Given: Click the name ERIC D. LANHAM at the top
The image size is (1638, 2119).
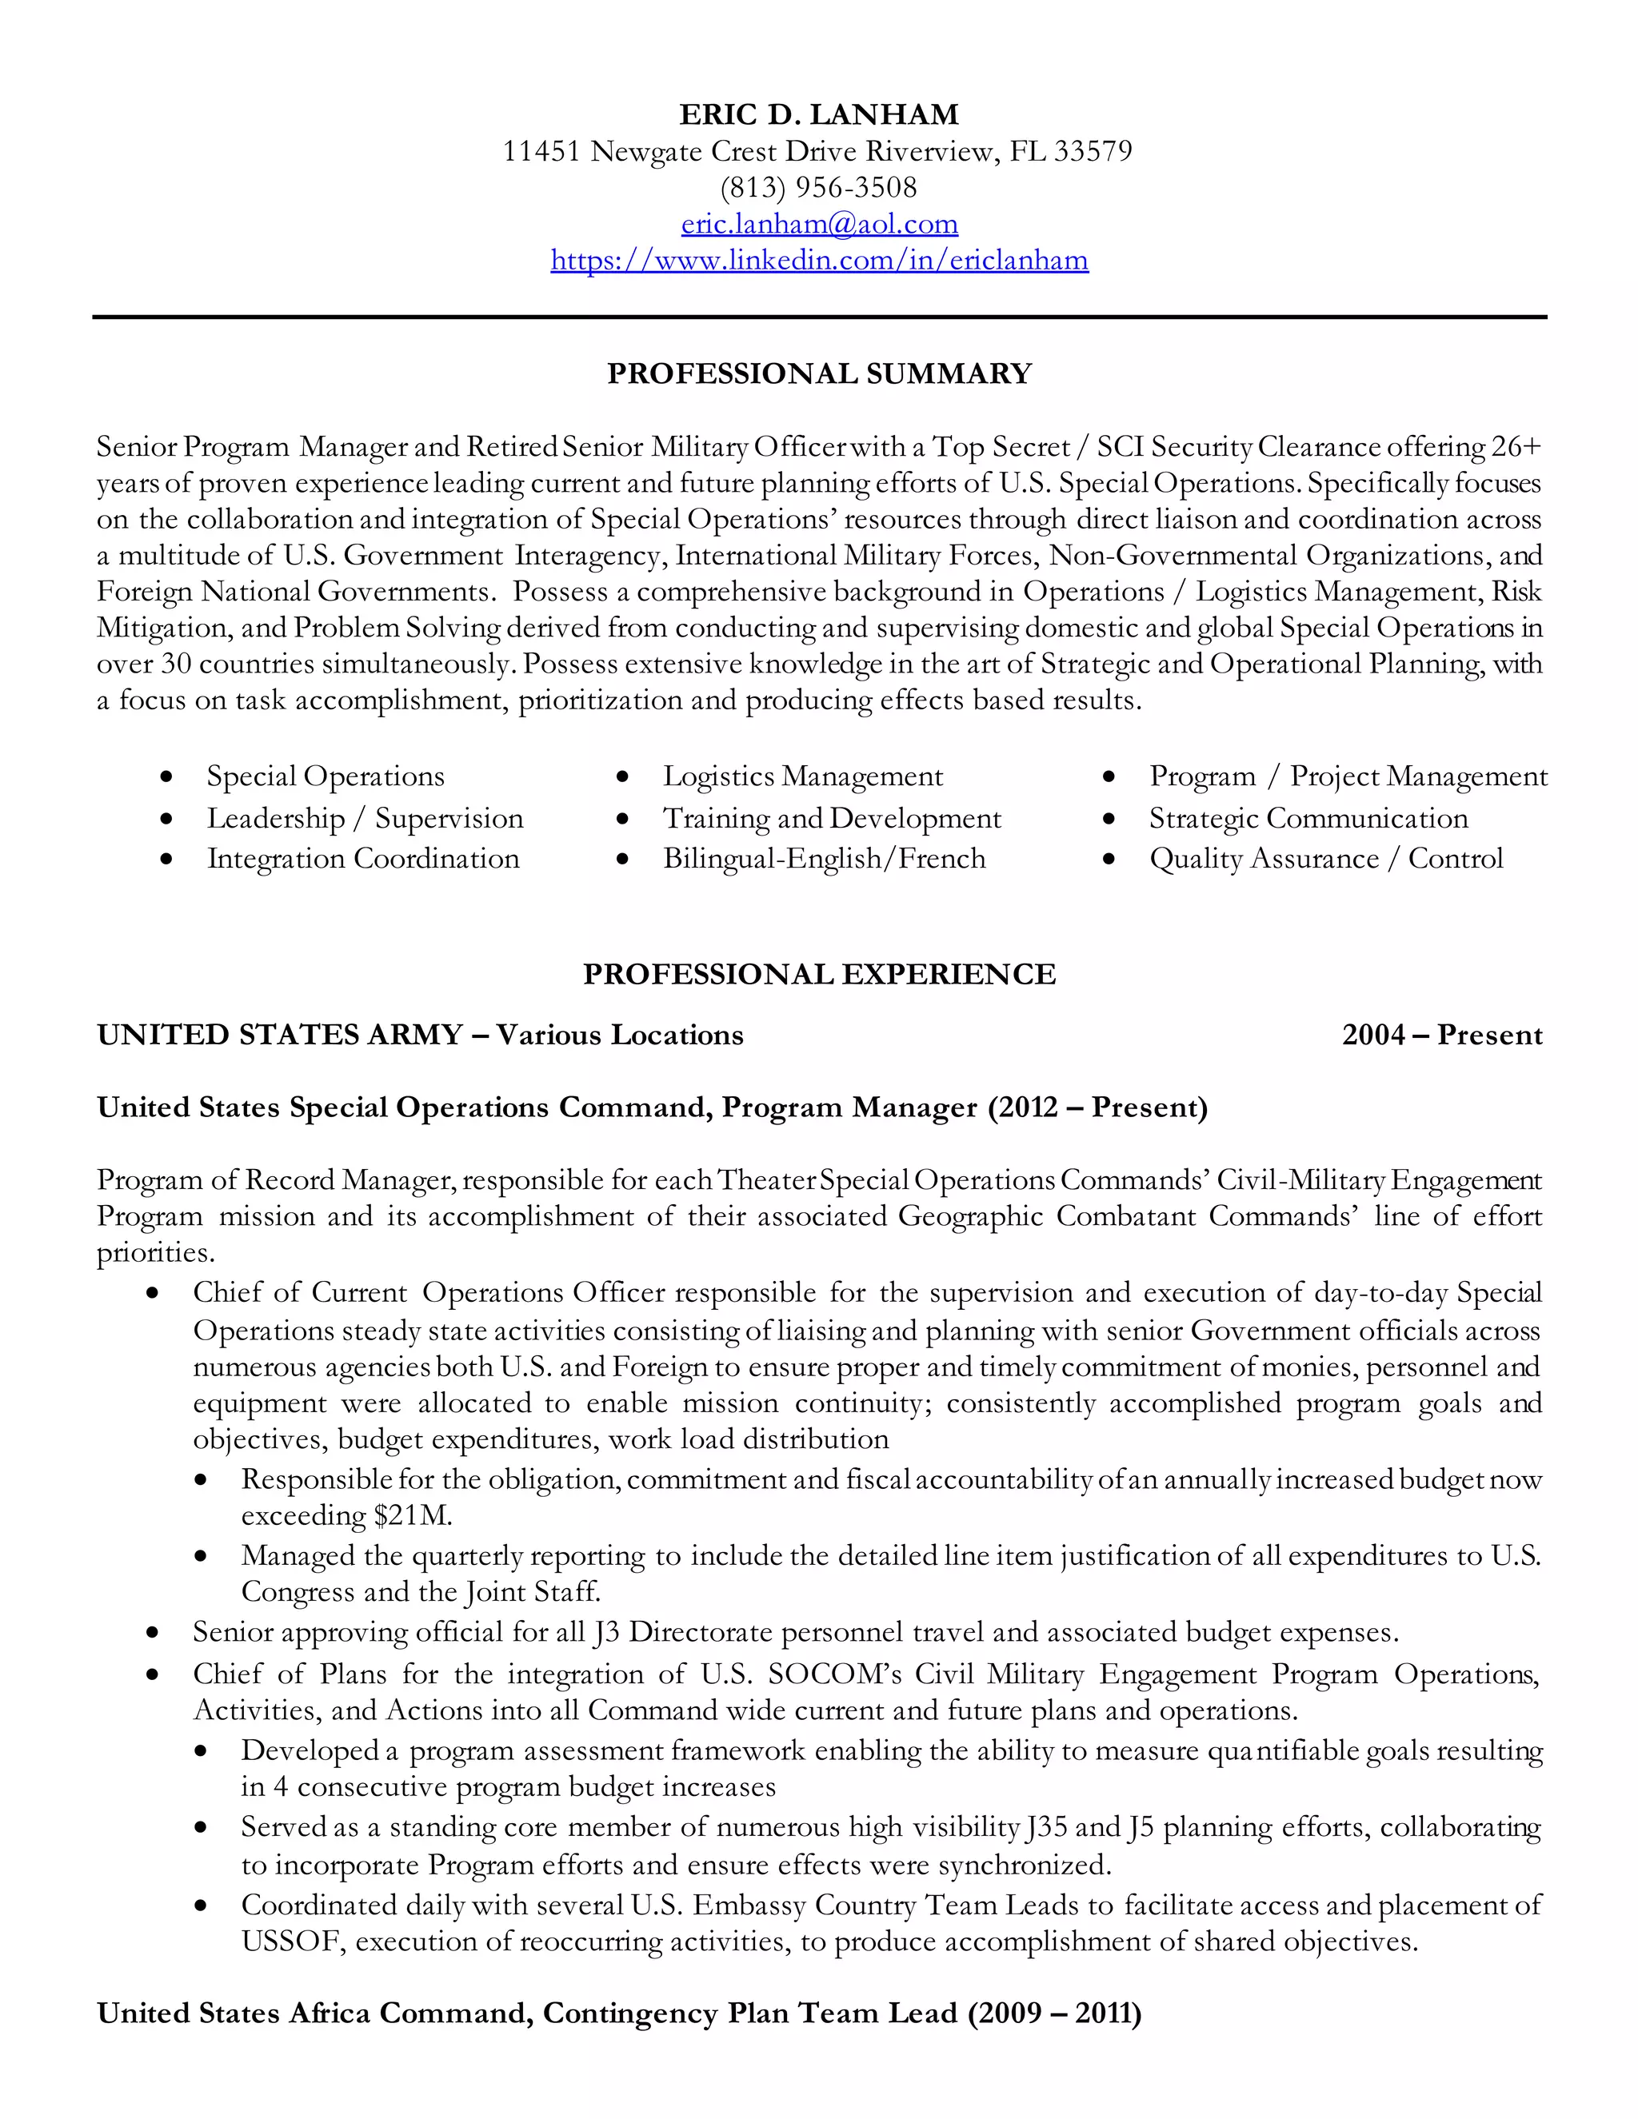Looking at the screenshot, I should pyautogui.click(x=818, y=114).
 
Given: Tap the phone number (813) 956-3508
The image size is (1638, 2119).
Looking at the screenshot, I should pyautogui.click(x=818, y=187).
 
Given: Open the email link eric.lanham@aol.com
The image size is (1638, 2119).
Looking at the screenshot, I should pyautogui.click(x=819, y=224).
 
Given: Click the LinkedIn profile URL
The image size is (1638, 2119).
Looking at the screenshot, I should pyautogui.click(x=819, y=260).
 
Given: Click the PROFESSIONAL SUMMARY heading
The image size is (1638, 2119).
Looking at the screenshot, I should pyautogui.click(x=819, y=373).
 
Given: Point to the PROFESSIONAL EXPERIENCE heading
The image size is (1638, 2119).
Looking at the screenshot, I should pyautogui.click(x=819, y=974).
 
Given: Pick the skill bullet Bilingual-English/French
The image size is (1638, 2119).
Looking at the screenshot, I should pyautogui.click(x=824, y=859).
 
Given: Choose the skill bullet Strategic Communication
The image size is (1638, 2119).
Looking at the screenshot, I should pyautogui.click(x=1308, y=818).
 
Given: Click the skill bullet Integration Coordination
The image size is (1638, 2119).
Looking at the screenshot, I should pyautogui.click(x=363, y=859).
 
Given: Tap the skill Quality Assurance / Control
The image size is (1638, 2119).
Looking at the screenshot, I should pyautogui.click(x=1325, y=859).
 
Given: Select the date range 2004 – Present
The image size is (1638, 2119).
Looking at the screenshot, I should pyautogui.click(x=1442, y=1036).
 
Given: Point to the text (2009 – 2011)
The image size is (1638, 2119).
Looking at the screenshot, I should pyautogui.click(x=1054, y=2013).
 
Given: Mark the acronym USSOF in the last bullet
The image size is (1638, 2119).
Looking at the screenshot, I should pyautogui.click(x=295, y=1941).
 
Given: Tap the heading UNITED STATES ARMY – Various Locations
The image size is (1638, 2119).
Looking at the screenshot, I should pyautogui.click(x=420, y=1036).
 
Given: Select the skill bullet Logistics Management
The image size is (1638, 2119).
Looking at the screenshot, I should pyautogui.click(x=802, y=776).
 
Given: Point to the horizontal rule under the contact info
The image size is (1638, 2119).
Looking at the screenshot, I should pyautogui.click(x=819, y=317).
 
